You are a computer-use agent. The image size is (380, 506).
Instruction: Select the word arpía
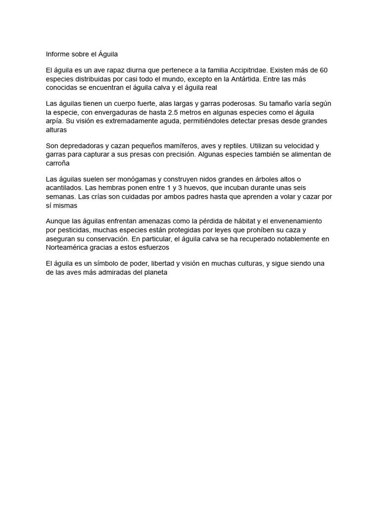(x=54, y=121)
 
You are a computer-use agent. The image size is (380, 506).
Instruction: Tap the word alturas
(x=56, y=129)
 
